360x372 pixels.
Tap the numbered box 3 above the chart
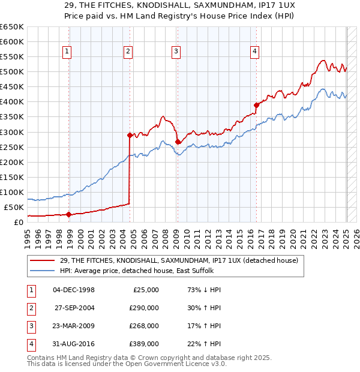pos(176,52)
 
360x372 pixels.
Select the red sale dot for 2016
pos(256,105)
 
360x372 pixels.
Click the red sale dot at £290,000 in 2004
pos(130,135)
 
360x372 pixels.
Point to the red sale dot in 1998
pos(69,214)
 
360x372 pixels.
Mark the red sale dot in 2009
pos(178,142)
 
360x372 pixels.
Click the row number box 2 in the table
pos(30,308)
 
